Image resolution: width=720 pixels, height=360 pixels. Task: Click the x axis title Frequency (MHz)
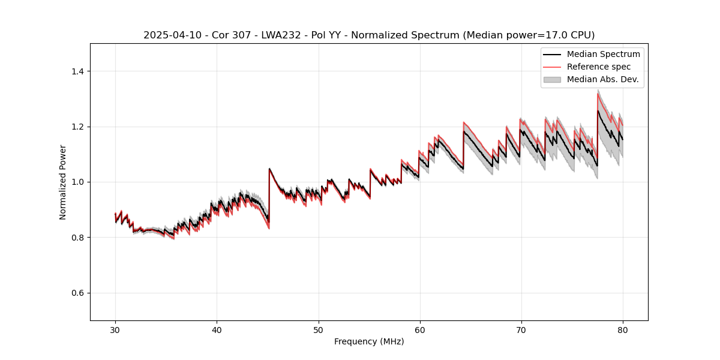[x=369, y=341]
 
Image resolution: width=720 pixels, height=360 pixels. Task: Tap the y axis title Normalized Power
[x=63, y=182]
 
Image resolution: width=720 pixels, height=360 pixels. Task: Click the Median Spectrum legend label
[x=603, y=54]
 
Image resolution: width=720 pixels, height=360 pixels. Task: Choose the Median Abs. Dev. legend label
[x=602, y=79]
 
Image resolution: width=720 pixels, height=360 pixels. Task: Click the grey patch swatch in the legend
[x=552, y=79]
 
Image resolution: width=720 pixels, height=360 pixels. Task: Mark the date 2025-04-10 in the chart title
[x=169, y=35]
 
